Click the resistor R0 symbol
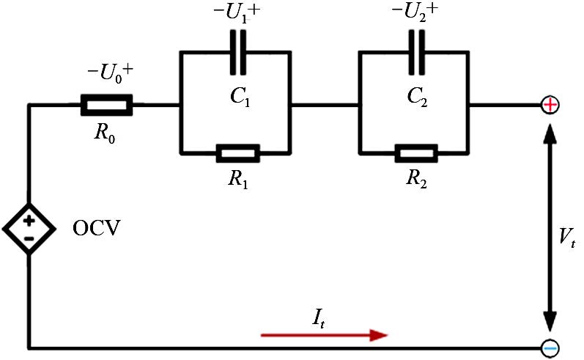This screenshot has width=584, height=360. (x=106, y=105)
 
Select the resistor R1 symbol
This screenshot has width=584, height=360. (x=237, y=153)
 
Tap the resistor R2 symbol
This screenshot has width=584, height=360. (x=415, y=153)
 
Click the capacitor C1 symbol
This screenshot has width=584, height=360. (x=237, y=52)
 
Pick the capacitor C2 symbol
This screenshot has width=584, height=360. (x=415, y=52)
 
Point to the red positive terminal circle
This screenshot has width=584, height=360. (x=550, y=105)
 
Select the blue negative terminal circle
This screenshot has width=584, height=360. (x=550, y=348)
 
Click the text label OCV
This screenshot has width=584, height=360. (x=96, y=229)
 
